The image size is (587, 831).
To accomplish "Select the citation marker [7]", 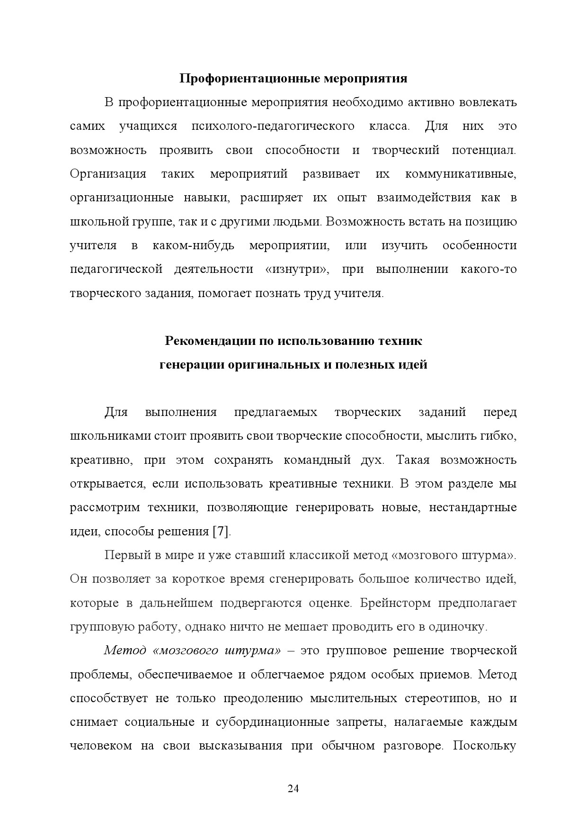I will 221,532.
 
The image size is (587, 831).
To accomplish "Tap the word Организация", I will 108,174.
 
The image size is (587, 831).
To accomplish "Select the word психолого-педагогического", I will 273,126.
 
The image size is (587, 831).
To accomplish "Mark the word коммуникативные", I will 461,174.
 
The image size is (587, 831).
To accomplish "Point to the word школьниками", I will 110,436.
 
